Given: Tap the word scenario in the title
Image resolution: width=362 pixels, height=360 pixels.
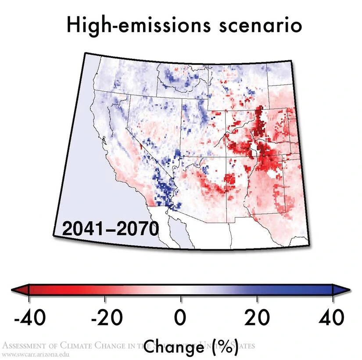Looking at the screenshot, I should [258, 25].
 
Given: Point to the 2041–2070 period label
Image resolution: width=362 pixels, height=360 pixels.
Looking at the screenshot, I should [110, 229].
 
